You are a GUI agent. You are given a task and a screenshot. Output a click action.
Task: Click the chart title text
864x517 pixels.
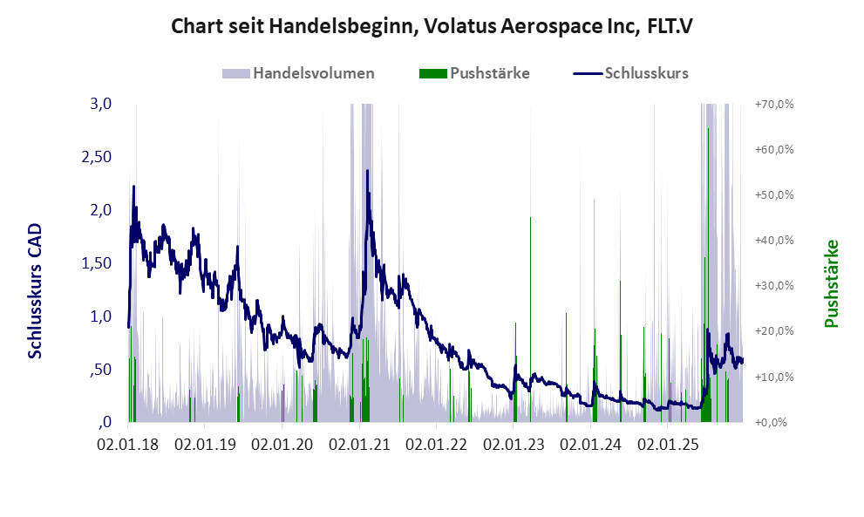click(432, 26)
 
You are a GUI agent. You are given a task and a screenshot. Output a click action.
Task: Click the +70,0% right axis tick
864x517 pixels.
click(773, 105)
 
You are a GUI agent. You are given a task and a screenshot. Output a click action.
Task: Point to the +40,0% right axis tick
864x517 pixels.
click(773, 241)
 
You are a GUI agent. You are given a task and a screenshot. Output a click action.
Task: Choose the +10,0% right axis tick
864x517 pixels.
click(773, 377)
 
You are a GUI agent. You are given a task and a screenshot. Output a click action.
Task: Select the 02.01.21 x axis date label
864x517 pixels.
click(361, 445)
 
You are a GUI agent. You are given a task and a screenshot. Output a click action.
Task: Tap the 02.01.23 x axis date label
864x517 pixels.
click(515, 445)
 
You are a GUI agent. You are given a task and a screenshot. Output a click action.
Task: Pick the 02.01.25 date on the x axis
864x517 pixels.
click(669, 445)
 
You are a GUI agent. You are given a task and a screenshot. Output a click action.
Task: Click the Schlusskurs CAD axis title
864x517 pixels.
click(36, 289)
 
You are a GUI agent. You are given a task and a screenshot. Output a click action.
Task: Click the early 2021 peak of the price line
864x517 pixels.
click(367, 171)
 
